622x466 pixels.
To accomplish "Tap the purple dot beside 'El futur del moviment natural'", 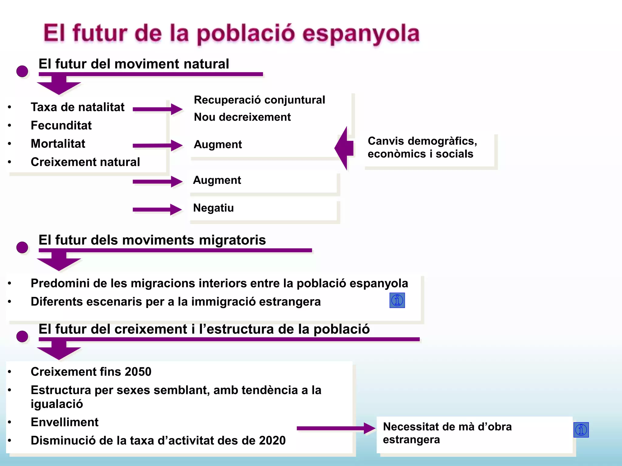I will point(22,71).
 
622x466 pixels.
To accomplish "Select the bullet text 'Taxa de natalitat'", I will point(77,107).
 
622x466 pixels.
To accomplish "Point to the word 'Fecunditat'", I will point(61,125).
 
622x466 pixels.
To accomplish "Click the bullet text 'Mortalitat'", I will point(58,144).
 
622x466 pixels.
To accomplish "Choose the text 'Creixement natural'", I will point(85,162).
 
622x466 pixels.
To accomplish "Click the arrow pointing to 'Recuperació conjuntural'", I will point(157,109).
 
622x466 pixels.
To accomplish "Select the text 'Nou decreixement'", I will point(242,117).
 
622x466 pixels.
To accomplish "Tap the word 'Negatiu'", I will point(214,208).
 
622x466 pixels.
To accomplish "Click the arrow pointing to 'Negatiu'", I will point(157,209).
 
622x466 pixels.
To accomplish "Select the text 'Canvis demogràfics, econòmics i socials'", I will point(422,147).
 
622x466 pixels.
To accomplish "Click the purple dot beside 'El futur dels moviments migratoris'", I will point(22,247).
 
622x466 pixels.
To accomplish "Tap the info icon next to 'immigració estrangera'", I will point(397,300).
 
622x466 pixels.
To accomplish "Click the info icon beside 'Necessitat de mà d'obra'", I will point(581,430).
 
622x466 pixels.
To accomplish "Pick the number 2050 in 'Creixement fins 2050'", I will point(138,372).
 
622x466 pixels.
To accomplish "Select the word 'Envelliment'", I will point(65,422).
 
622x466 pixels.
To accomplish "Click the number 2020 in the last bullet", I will point(272,441).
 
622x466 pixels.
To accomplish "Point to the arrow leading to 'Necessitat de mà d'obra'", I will point(336,428).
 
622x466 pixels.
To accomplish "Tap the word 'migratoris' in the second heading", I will point(232,240).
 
